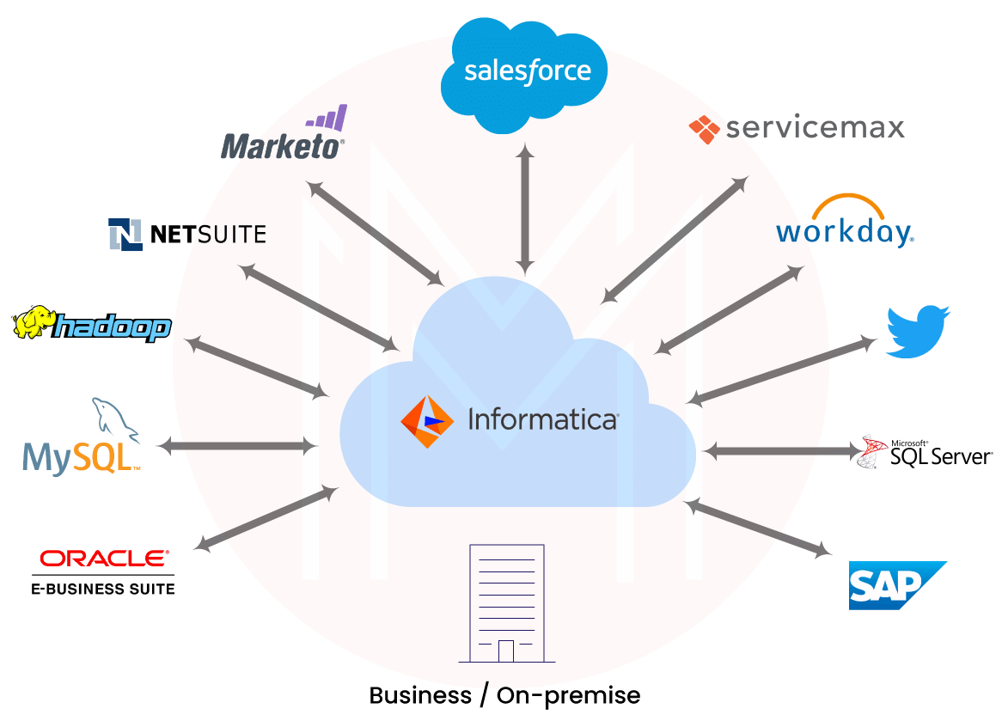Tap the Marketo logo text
coord(282,146)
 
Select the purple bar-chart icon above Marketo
coord(327,118)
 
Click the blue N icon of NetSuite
coord(125,234)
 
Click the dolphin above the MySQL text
coord(115,419)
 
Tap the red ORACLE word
coord(104,559)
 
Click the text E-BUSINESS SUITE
coord(103,589)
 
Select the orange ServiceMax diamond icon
coord(704,129)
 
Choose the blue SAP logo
coord(896,585)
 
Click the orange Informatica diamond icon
coord(427,422)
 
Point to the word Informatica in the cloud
coord(542,420)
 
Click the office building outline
coord(507,602)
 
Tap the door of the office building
coord(506,651)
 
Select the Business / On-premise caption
coord(504,695)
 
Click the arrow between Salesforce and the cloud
coord(525,209)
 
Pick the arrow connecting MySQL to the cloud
coord(237,445)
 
